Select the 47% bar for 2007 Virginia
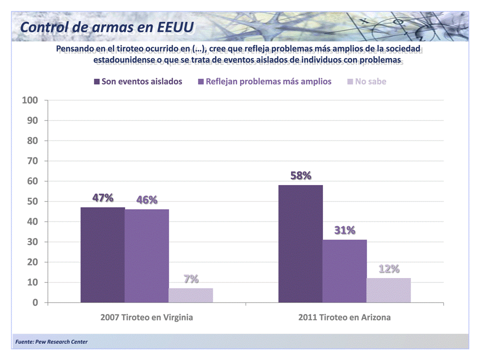[x=102, y=255]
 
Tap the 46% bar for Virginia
[x=146, y=256]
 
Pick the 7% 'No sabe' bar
[x=190, y=295]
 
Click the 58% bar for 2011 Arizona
[x=300, y=244]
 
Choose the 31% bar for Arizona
[x=344, y=271]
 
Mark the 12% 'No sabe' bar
[x=388, y=290]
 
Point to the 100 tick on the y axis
[x=30, y=100]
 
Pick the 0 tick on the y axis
[x=35, y=302]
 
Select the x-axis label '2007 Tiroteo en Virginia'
[x=146, y=317]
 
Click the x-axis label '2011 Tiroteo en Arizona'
[x=344, y=317]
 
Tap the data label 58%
[x=300, y=175]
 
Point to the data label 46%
[x=146, y=200]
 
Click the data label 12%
[x=388, y=269]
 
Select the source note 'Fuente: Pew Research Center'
[x=51, y=342]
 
